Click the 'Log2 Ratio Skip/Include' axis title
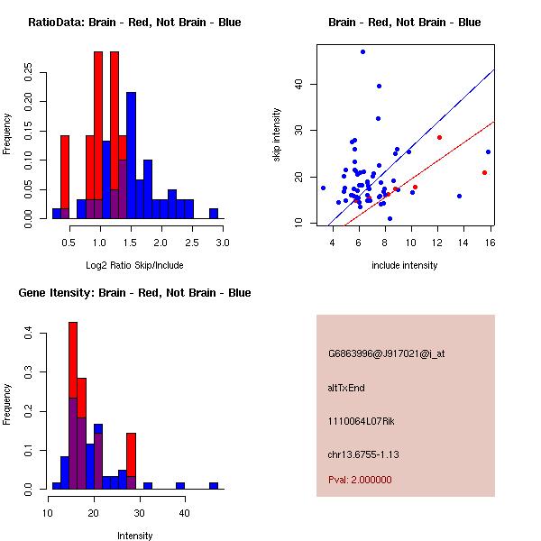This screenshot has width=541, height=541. click(134, 265)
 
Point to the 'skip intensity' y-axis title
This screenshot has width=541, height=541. click(277, 135)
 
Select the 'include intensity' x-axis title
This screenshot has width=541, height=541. click(405, 265)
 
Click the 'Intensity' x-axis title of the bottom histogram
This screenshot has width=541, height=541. click(134, 536)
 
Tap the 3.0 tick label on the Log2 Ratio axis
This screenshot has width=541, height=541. click(223, 243)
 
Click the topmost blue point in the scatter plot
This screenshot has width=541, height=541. click(362, 51)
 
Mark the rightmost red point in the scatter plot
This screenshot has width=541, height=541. click(485, 172)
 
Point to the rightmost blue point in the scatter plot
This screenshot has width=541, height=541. click(488, 151)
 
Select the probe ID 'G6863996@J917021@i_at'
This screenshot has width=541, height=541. click(386, 353)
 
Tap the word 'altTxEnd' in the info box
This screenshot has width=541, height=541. click(346, 388)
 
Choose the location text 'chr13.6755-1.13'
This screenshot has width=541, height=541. click(362, 454)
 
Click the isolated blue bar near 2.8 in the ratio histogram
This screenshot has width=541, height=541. click(214, 214)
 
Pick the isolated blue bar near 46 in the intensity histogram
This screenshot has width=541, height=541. click(214, 485)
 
